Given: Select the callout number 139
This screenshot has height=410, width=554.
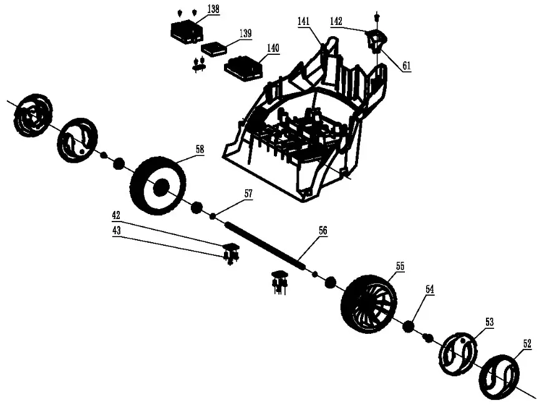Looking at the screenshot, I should click(x=245, y=34).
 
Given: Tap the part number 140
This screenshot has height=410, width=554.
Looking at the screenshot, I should click(x=273, y=48).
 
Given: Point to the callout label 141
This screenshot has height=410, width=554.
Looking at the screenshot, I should click(x=303, y=21).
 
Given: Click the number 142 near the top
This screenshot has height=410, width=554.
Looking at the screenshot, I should click(x=336, y=21).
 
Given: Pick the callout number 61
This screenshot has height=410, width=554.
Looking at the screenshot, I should click(x=406, y=66).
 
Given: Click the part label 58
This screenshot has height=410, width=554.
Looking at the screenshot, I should click(x=199, y=150).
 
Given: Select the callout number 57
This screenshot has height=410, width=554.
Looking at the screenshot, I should click(x=248, y=194).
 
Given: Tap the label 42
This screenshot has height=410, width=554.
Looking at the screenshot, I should click(x=116, y=216).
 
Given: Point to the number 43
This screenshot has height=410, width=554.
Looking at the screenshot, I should click(x=116, y=230).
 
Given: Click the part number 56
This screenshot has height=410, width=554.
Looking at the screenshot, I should click(x=322, y=230).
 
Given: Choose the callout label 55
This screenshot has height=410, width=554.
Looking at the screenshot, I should click(x=400, y=266).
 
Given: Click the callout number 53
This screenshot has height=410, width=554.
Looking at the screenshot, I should click(x=489, y=322).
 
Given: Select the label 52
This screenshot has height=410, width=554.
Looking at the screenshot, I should click(x=527, y=343).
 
